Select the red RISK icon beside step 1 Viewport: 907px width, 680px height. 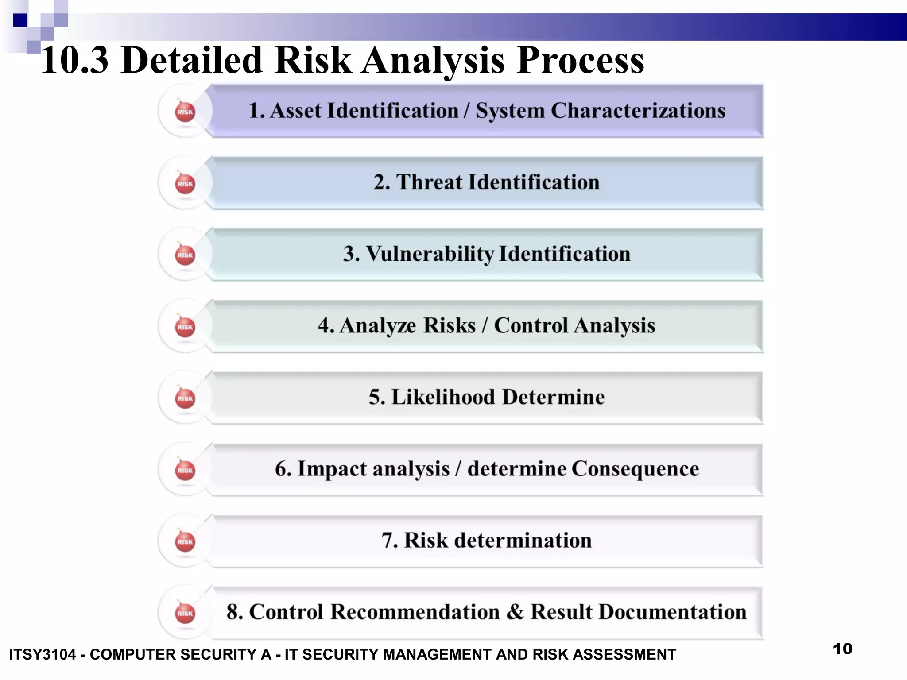[185, 112]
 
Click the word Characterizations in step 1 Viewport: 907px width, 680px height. [638, 111]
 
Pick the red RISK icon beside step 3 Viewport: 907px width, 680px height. [185, 255]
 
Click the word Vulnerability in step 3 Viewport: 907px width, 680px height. [430, 254]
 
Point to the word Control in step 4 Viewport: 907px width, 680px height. [531, 325]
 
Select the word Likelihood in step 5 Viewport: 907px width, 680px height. [443, 397]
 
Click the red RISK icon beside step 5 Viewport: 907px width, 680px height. [185, 398]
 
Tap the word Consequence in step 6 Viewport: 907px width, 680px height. [635, 469]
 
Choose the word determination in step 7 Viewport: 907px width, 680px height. [523, 541]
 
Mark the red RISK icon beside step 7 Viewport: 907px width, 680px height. [185, 542]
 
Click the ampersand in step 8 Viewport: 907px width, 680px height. [515, 612]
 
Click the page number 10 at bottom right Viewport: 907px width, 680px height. [842, 649]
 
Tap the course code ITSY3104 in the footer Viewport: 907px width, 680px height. [43, 654]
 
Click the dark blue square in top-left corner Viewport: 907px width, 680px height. [20, 20]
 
